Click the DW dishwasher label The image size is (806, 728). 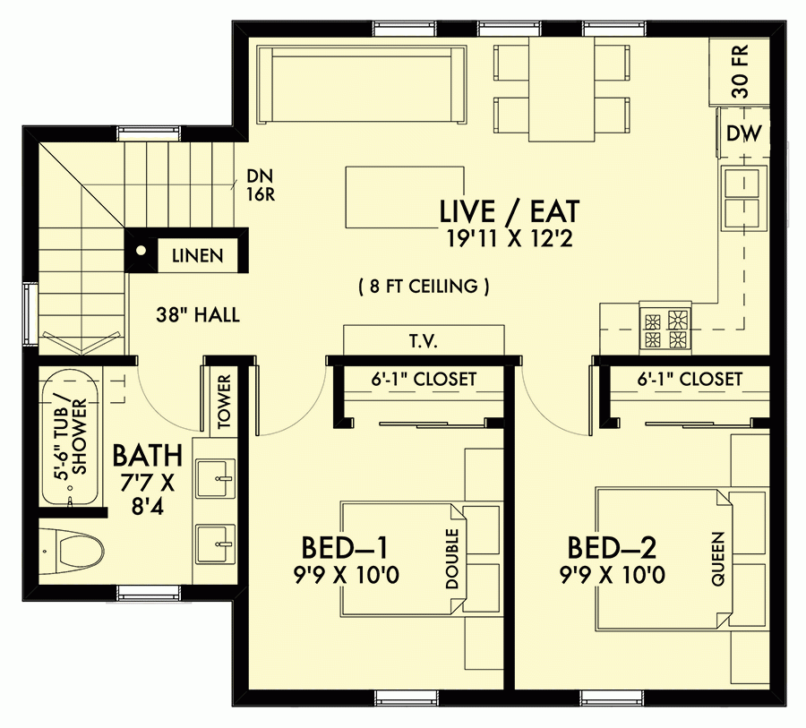pos(744,134)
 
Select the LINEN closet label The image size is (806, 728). pos(198,255)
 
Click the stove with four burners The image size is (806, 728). pos(665,329)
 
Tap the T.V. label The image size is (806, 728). pos(424,341)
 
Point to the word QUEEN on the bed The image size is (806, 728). pos(717,560)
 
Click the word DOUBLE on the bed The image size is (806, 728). pos(450,560)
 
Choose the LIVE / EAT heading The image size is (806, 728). pos(510,211)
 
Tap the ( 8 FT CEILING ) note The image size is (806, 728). pos(423,287)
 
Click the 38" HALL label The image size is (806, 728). pos(197,315)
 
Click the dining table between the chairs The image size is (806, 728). pos(562,89)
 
